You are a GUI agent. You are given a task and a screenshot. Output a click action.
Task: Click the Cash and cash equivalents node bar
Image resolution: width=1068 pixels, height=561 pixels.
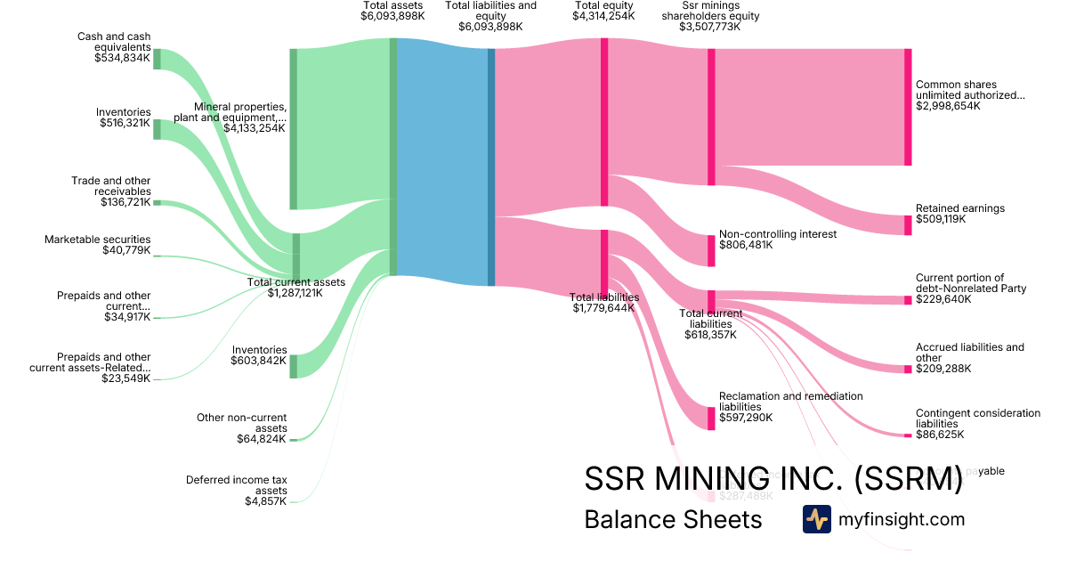158,59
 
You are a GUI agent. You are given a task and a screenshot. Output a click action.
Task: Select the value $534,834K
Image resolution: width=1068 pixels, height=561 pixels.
123,58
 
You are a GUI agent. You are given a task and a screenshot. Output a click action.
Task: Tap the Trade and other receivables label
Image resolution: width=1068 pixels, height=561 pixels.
111,186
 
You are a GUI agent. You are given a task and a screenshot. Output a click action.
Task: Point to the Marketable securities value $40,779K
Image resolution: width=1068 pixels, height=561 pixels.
126,251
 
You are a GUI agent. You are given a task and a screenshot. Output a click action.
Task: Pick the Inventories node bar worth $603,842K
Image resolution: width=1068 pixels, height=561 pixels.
294,366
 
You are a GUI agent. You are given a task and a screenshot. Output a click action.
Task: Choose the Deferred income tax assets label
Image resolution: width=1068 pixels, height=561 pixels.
236,485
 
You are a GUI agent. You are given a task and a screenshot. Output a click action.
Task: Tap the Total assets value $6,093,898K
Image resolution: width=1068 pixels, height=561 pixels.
392,16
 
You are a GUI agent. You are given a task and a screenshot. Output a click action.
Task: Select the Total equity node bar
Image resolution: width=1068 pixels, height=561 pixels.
604,123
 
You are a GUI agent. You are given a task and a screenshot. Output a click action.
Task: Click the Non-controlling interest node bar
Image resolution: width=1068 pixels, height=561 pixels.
711,250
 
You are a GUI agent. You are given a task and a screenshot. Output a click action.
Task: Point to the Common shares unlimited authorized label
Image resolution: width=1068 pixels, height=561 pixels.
970,90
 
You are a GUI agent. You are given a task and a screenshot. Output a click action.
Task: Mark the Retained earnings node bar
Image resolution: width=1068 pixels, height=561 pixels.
908,224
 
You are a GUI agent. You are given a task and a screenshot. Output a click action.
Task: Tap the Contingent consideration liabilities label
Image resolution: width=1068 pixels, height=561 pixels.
977,419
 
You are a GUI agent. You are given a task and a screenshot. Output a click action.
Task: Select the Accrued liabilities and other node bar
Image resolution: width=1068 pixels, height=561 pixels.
908,369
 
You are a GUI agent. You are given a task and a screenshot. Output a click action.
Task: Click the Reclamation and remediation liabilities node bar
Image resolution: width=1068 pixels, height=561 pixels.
711,418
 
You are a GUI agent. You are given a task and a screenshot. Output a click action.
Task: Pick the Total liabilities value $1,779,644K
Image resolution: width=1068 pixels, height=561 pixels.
604,308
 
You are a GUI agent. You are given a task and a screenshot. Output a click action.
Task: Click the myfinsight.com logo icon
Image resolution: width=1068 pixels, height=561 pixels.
816,519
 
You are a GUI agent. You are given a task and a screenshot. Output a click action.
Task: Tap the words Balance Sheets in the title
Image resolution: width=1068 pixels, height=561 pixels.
673,519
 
